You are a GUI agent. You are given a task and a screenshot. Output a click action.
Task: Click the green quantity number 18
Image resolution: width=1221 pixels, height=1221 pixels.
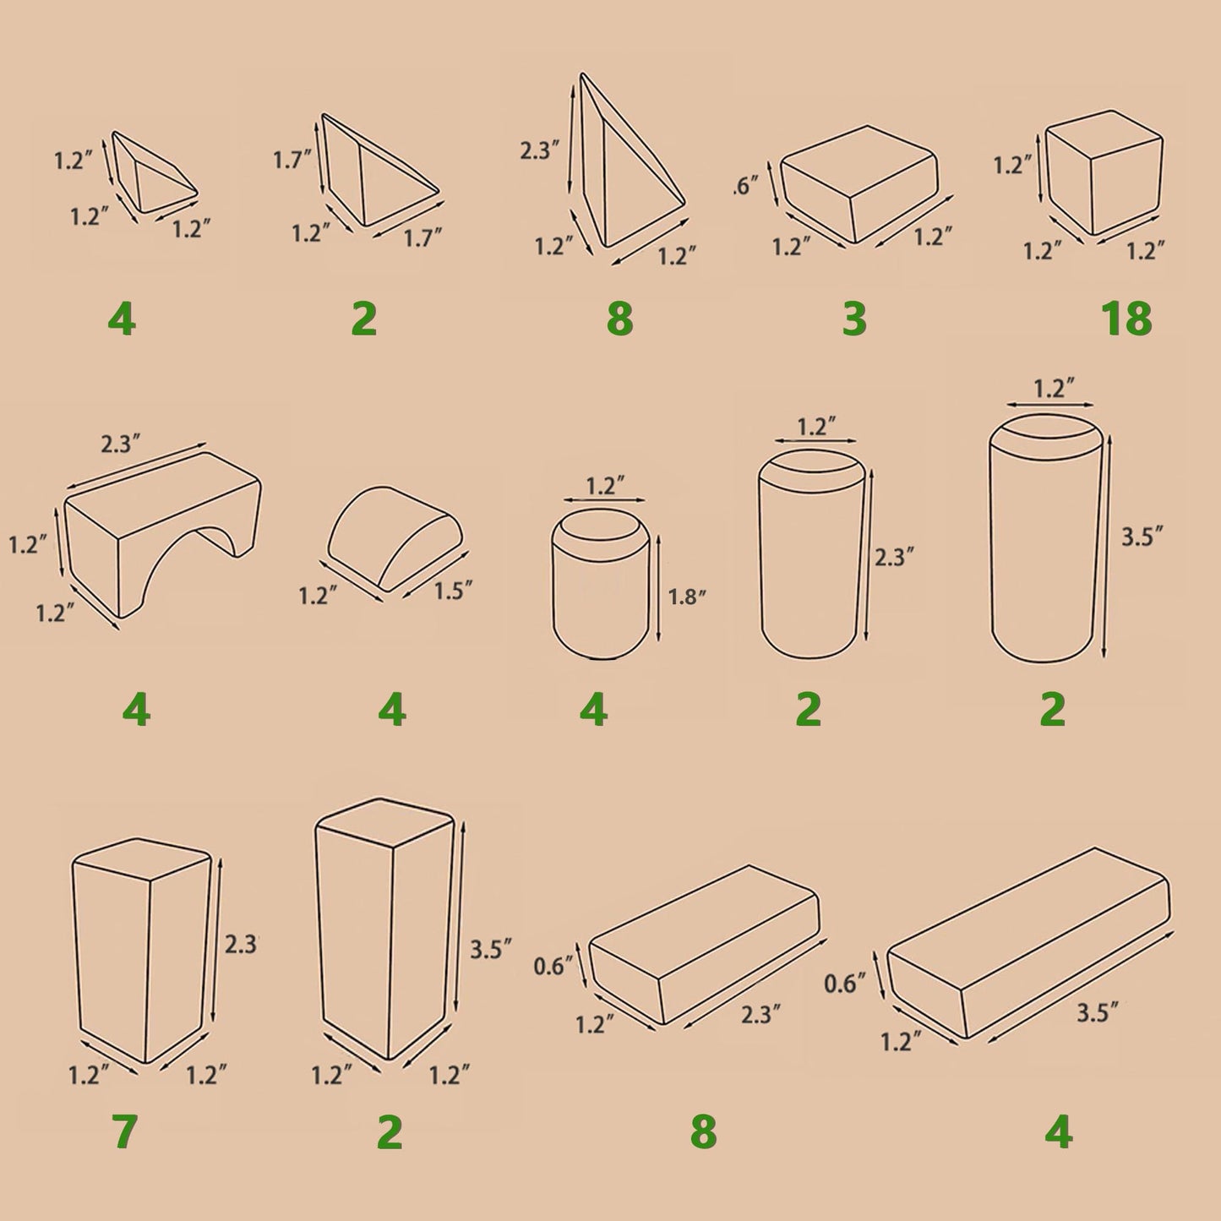[1126, 318]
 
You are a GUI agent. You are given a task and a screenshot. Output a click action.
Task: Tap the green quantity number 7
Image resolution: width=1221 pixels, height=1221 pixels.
[124, 1132]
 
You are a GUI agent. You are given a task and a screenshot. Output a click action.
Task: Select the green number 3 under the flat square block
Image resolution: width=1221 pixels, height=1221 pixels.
[854, 319]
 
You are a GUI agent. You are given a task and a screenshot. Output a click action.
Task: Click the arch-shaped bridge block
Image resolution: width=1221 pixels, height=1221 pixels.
[163, 534]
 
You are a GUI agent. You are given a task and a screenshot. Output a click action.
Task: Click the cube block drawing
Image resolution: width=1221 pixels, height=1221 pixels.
[1104, 172]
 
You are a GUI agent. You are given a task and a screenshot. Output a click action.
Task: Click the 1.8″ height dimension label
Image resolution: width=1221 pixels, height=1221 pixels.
[688, 597]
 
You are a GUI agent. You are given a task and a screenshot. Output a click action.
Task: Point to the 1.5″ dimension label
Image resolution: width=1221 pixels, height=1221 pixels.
[453, 591]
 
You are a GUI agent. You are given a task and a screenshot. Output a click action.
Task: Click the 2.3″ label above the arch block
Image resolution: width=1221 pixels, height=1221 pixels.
[120, 444]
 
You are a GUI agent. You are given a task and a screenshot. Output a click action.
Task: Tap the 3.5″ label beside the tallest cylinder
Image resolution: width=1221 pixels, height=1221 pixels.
[1142, 537]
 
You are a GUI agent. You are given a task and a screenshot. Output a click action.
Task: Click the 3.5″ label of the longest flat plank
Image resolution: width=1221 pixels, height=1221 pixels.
[1098, 1013]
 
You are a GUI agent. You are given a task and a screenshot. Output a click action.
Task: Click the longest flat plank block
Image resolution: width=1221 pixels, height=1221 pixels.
[1028, 944]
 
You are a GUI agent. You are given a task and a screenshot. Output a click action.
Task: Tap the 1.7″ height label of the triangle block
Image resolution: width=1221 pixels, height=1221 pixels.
[292, 161]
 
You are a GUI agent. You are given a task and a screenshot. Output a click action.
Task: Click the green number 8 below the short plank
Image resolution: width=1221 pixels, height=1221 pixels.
[703, 1132]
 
